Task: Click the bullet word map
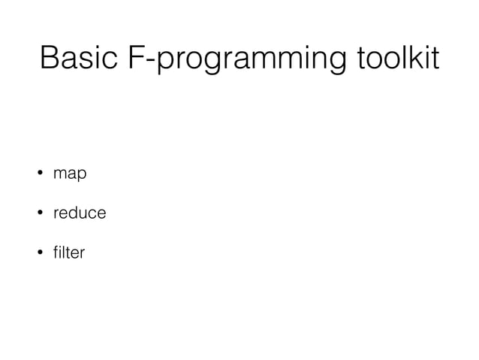pyautogui.click(x=70, y=175)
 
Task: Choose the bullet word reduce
pyautogui.click(x=79, y=214)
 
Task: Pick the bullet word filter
pyautogui.click(x=68, y=253)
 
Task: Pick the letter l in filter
pyautogui.click(x=63, y=253)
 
